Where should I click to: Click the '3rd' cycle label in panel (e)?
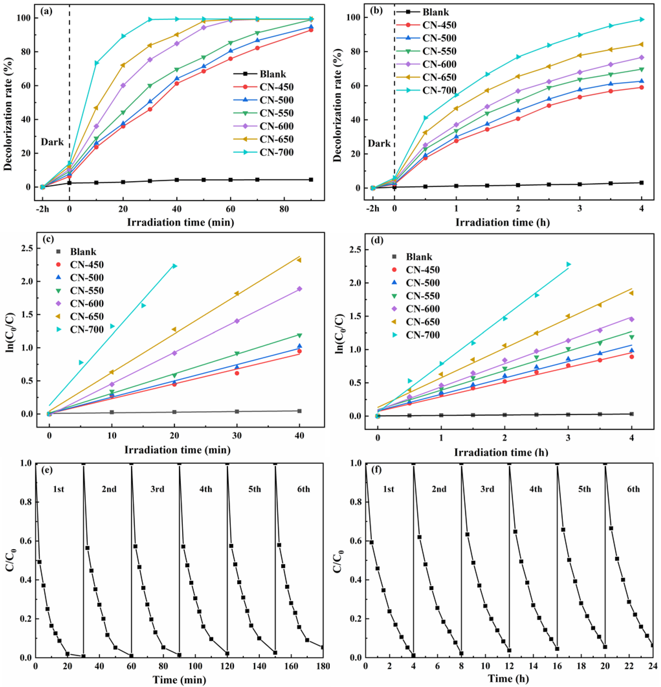(x=157, y=489)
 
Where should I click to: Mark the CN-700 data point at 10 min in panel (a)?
(x=96, y=63)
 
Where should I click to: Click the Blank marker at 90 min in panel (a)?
(x=311, y=180)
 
